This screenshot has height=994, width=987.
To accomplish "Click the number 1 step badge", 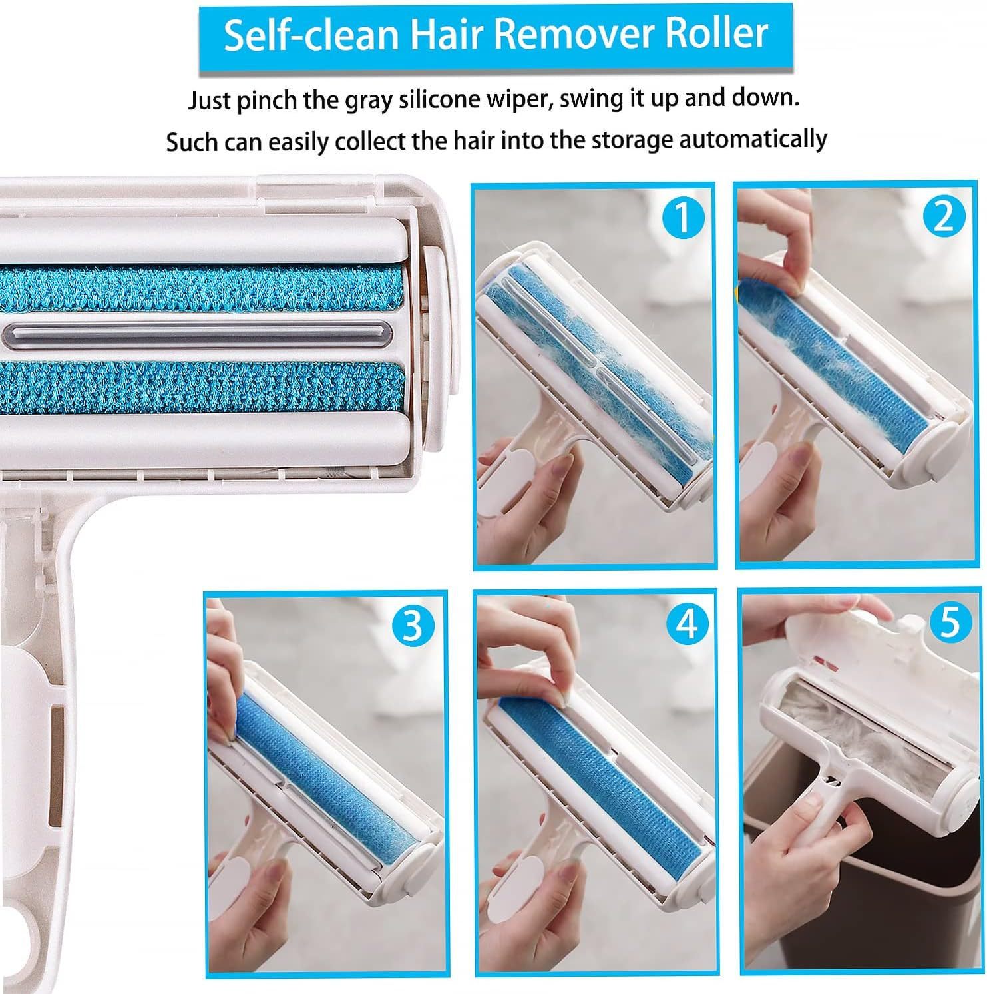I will coord(682,218).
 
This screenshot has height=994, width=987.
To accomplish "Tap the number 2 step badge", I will coord(943,216).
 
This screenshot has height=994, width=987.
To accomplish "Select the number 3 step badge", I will coord(413,625).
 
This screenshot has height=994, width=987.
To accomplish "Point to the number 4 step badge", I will coord(686,625).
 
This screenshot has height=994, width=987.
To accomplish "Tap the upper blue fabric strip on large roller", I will coord(200,288).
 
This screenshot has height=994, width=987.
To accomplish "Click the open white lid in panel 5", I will coord(865,639).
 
